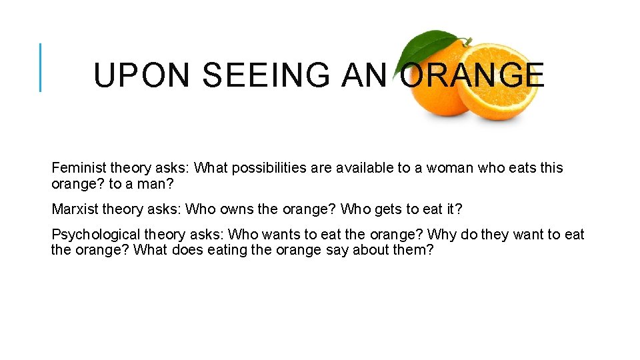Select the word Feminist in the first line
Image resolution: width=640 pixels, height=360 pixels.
pyautogui.click(x=79, y=168)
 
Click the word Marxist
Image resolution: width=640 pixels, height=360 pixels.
pyautogui.click(x=77, y=209)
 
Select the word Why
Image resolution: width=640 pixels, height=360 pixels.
pyautogui.click(x=441, y=235)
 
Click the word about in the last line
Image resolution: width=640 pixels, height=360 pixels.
pyautogui.click(x=369, y=251)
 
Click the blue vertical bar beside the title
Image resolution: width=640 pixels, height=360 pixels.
pyautogui.click(x=41, y=67)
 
